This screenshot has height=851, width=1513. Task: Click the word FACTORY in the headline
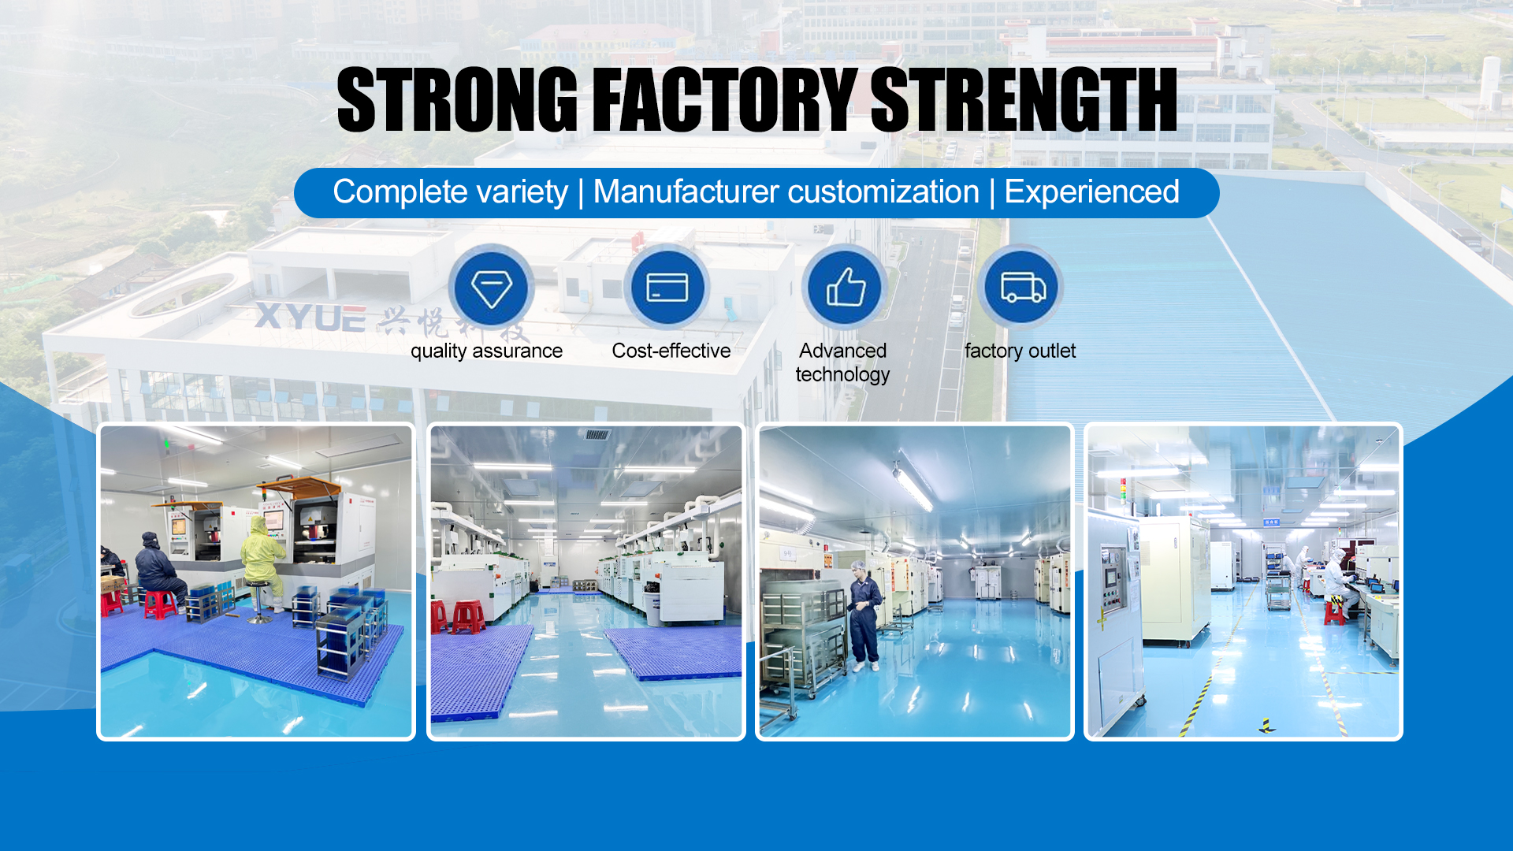tap(724, 99)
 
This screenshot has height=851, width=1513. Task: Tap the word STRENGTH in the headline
tap(1024, 99)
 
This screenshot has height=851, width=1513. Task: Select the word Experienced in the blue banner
tap(1091, 192)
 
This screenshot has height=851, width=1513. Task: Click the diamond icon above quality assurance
tap(491, 288)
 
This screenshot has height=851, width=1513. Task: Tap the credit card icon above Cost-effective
tap(667, 288)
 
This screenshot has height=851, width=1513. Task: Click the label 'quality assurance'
tap(486, 351)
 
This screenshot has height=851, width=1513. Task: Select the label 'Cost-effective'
tap(671, 351)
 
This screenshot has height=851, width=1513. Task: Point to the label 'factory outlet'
tap(1020, 351)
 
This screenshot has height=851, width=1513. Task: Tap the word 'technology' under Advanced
tap(842, 375)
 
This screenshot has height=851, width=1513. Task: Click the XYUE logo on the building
tap(310, 317)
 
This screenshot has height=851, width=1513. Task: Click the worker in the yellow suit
tap(262, 562)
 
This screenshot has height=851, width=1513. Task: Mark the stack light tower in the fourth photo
tap(1123, 492)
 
